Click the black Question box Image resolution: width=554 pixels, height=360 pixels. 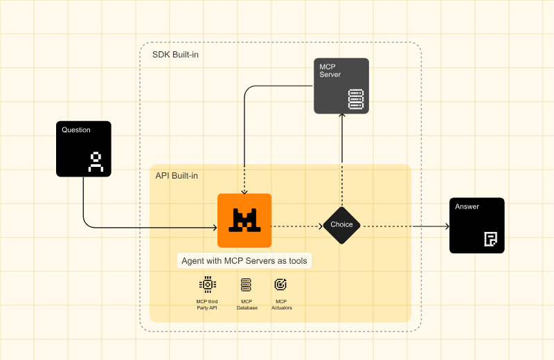click(83, 148)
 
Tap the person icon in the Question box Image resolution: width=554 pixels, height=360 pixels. click(96, 161)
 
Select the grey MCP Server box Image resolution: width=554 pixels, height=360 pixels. click(341, 86)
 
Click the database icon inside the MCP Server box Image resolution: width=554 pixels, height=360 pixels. click(355, 99)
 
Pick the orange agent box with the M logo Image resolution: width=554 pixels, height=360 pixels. click(244, 220)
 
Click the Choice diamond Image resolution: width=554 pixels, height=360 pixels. click(341, 225)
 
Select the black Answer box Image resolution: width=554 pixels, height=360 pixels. click(476, 225)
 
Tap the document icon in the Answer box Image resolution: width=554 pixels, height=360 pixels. click(490, 240)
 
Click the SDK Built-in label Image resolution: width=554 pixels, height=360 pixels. click(175, 54)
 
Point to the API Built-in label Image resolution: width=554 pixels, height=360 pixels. click(177, 176)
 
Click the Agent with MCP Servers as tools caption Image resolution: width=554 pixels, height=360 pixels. click(244, 261)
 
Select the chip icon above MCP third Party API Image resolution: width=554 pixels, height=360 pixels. click(206, 284)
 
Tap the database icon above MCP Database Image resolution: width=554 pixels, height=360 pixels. click(246, 284)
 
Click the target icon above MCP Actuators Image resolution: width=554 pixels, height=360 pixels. click(280, 284)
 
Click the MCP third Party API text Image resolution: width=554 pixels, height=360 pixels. click(206, 305)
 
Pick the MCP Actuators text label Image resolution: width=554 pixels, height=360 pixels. click(281, 305)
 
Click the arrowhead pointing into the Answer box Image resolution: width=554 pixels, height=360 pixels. click(445, 226)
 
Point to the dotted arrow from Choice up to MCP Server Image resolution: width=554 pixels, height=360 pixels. click(341, 159)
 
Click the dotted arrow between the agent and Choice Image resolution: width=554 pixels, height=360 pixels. click(296, 226)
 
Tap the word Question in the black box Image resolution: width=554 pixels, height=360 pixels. click(76, 130)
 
